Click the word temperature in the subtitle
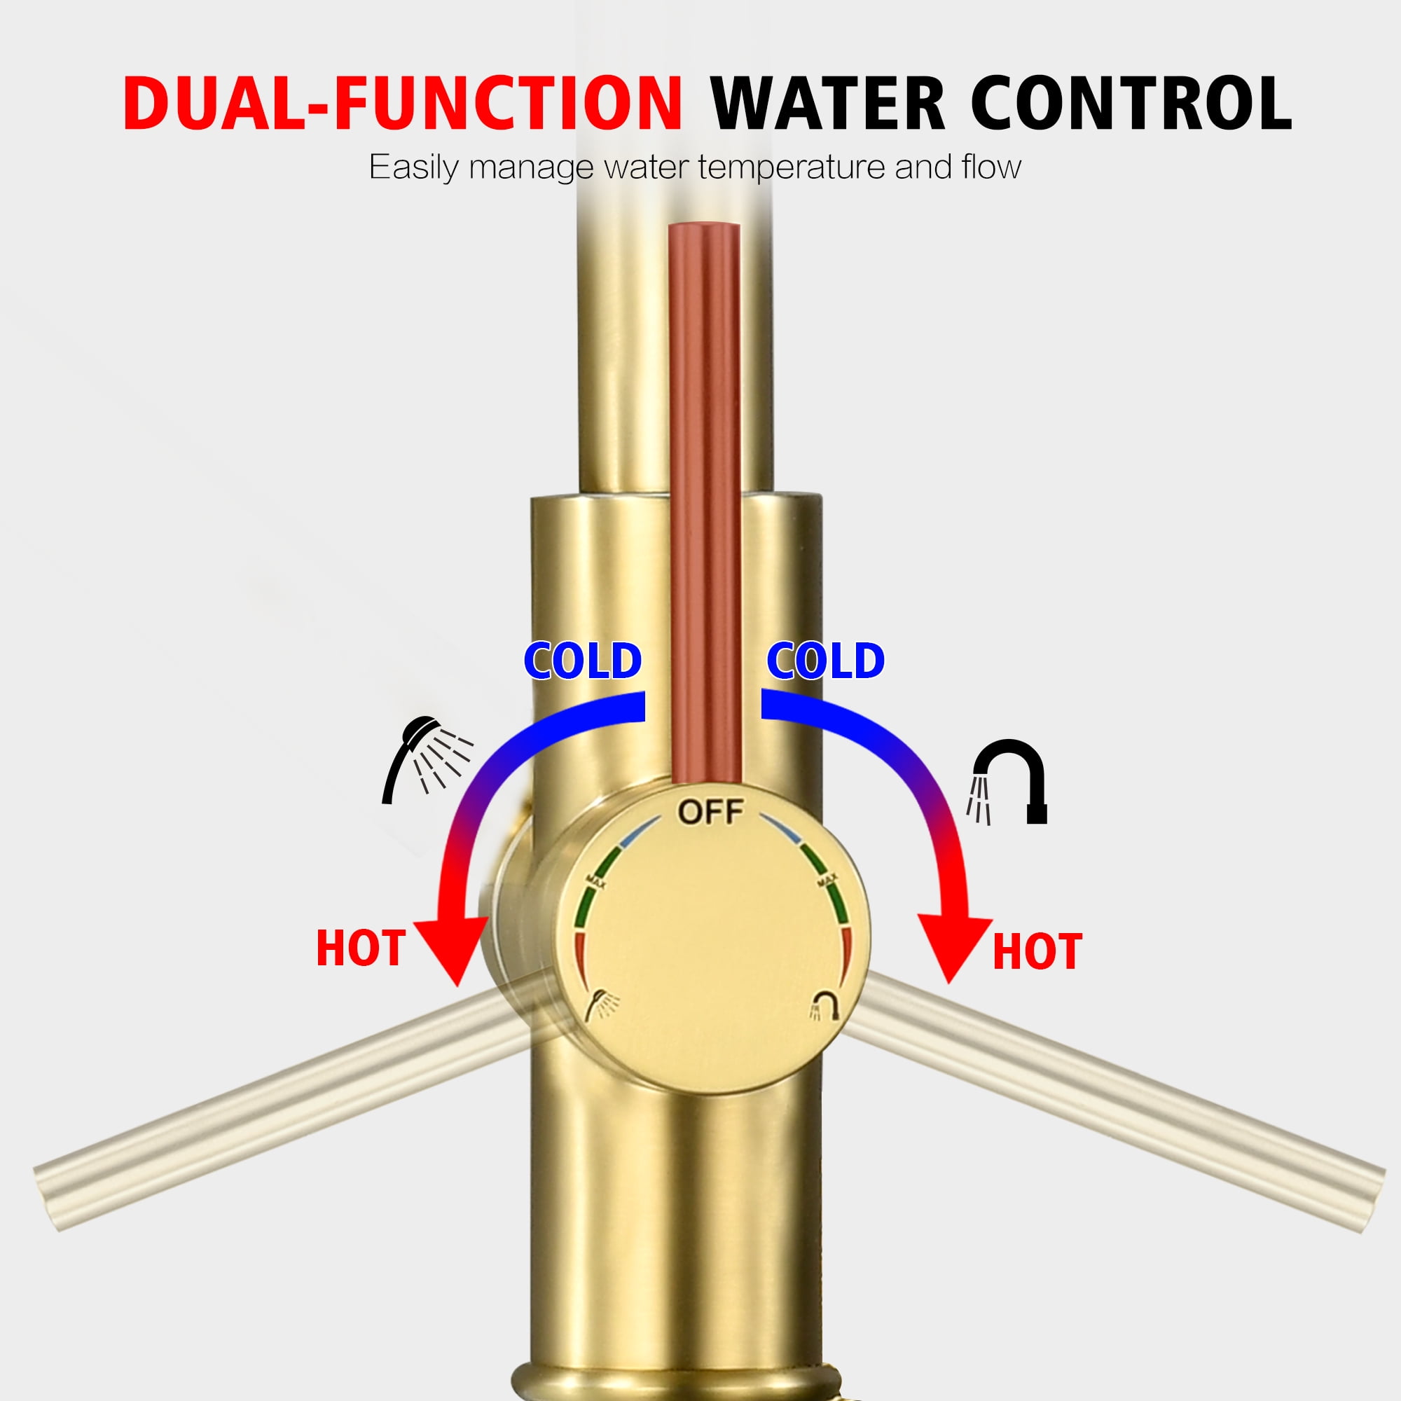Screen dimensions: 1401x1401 [792, 167]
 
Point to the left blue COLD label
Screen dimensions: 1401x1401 [582, 661]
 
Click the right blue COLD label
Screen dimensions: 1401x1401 [825, 661]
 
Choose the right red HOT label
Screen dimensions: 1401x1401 [1037, 951]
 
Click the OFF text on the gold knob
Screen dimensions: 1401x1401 [710, 812]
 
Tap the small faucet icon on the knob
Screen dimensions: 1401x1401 [824, 1005]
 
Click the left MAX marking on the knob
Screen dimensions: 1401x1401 [596, 881]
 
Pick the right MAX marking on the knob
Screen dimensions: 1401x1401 [827, 881]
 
